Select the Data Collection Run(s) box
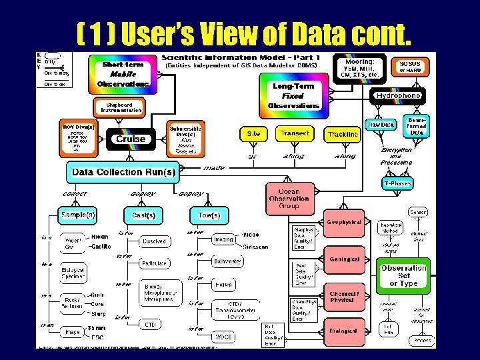[123, 172]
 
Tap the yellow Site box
[253, 133]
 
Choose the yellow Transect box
[295, 133]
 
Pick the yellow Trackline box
[343, 134]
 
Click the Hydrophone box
[398, 96]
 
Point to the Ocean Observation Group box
[289, 198]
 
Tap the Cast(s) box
[143, 215]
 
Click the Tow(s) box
[209, 215]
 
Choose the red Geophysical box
[343, 222]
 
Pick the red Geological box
[343, 259]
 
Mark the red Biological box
[343, 331]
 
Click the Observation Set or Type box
[403, 276]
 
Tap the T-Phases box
[397, 183]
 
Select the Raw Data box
[381, 125]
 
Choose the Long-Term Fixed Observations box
[293, 96]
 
